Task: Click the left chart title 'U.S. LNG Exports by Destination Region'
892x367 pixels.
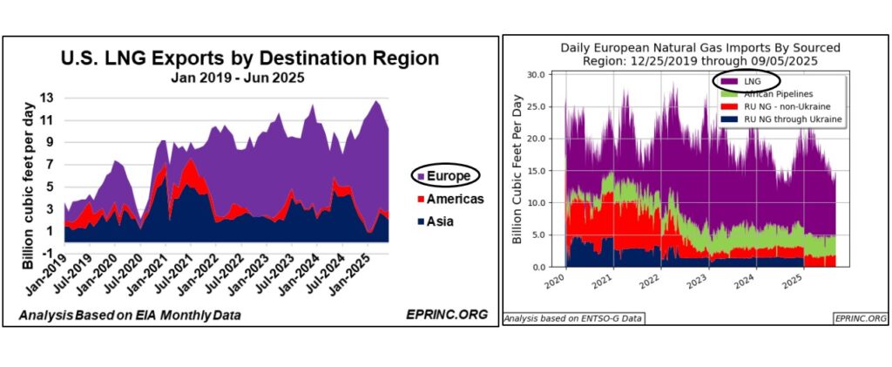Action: click(x=249, y=60)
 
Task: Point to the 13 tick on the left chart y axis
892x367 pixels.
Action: click(x=49, y=98)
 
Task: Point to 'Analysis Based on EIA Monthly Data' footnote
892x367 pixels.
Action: click(x=131, y=315)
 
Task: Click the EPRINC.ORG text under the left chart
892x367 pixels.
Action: click(x=443, y=315)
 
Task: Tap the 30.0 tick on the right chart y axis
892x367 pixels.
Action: click(x=544, y=75)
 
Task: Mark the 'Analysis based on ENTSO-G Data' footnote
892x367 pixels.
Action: click(x=573, y=319)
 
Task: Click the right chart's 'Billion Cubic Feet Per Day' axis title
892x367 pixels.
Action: click(x=517, y=171)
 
